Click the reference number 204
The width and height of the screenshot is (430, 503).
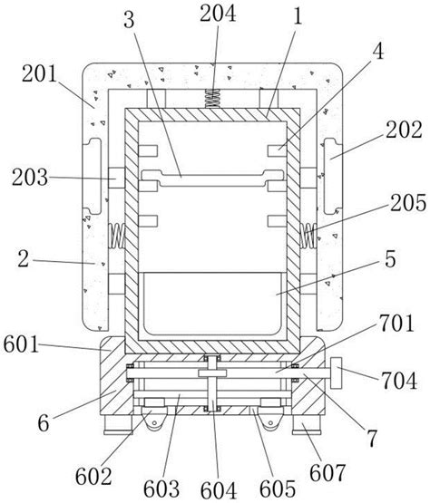tap(218, 14)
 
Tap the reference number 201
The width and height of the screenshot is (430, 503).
tap(39, 73)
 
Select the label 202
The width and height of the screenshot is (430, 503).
tap(404, 130)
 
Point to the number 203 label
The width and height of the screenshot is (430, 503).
tap(30, 178)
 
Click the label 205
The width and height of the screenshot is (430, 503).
tap(408, 203)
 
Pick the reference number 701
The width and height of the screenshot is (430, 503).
tap(396, 324)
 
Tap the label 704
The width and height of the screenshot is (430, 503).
tap(399, 380)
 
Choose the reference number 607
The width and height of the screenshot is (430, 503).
tap(327, 473)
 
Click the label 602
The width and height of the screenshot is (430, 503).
tap(93, 477)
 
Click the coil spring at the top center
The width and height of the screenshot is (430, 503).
tap(212, 99)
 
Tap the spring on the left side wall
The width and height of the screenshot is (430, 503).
tap(117, 236)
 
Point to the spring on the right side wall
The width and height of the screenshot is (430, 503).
tap(308, 236)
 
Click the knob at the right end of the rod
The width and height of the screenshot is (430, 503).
tap(336, 372)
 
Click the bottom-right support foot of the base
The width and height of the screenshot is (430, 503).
tap(307, 425)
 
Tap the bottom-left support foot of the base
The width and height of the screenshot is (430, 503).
tap(118, 425)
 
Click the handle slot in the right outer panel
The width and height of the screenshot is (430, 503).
tap(332, 176)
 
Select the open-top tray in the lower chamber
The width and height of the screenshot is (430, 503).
tap(212, 304)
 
